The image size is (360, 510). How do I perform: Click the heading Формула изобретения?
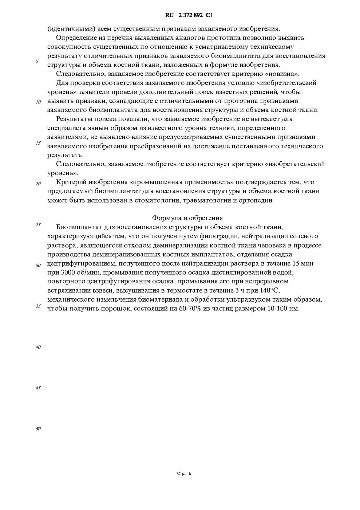187,218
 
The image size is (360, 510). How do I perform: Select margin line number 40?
38,347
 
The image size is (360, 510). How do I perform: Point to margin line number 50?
38,429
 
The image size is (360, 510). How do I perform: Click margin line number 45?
38,388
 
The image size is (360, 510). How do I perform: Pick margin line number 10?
38,102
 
